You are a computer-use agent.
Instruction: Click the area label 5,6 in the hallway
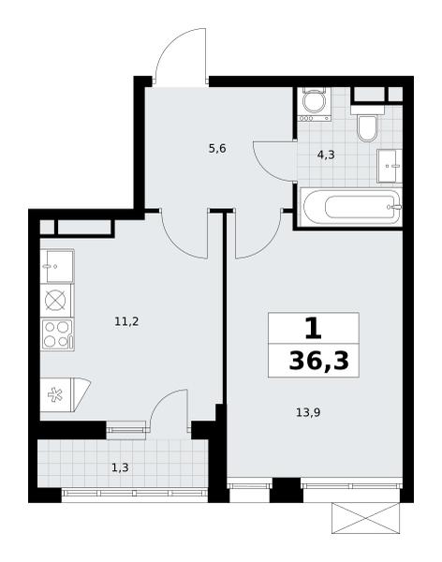217,148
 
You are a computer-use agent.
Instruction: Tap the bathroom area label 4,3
326,155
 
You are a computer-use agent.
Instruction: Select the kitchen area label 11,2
126,321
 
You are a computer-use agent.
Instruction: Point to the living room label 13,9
308,412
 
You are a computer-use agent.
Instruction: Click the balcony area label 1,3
120,467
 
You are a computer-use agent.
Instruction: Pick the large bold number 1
314,329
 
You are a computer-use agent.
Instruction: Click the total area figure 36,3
318,361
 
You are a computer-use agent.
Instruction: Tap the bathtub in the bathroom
350,207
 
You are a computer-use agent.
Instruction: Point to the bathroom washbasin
390,166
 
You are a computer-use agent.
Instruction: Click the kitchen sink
57,266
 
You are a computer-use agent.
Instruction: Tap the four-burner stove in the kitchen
57,334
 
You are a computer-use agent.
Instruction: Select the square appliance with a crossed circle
55,301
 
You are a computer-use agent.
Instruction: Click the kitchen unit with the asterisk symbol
65,394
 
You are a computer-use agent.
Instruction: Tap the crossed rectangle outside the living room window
365,518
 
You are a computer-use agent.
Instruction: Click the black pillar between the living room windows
286,490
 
